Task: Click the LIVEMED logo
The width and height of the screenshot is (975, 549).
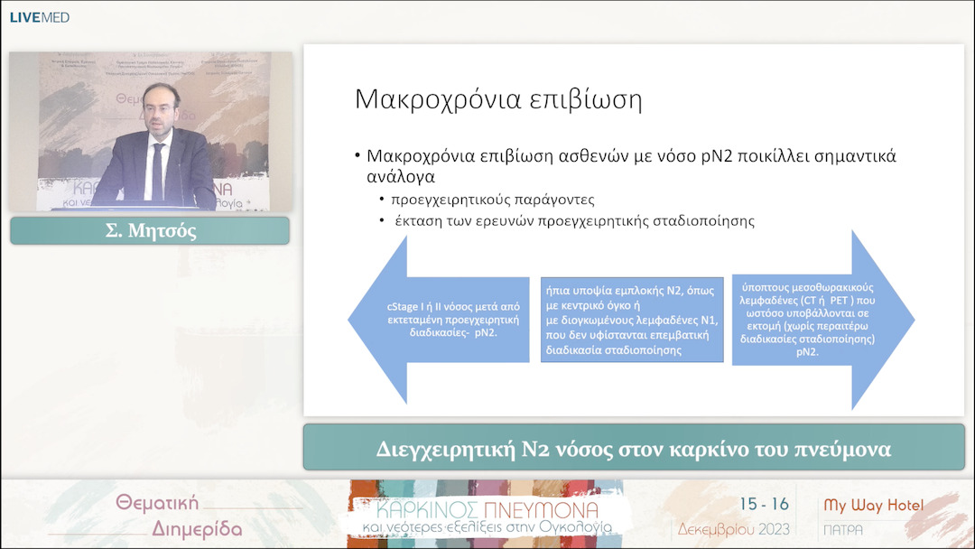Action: pyautogui.click(x=39, y=17)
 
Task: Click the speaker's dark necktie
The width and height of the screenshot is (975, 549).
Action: pyautogui.click(x=158, y=169)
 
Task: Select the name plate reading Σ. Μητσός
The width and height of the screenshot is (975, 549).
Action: pyautogui.click(x=150, y=230)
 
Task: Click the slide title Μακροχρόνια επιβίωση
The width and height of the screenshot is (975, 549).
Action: pyautogui.click(x=498, y=98)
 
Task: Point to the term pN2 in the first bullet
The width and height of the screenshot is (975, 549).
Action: pyautogui.click(x=686, y=155)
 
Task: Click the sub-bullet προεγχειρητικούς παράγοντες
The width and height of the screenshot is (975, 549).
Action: pyautogui.click(x=492, y=199)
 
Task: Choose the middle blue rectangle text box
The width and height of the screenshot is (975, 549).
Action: pyautogui.click(x=632, y=320)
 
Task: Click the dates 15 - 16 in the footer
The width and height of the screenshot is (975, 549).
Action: pyautogui.click(x=764, y=504)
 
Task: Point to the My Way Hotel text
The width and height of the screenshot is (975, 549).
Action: pyautogui.click(x=873, y=505)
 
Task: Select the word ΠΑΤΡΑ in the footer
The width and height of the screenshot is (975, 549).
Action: pyautogui.click(x=842, y=529)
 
